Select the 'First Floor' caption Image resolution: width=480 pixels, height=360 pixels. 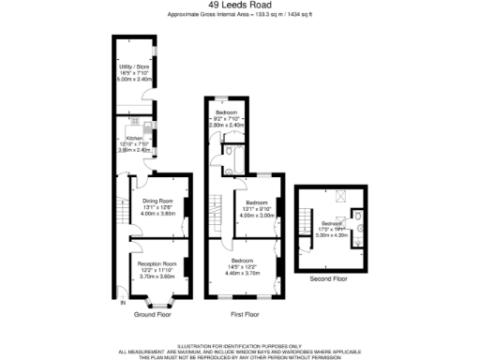tap(244, 314)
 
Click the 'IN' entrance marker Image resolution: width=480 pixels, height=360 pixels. tap(120, 302)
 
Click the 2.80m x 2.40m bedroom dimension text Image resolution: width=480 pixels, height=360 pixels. tap(227, 125)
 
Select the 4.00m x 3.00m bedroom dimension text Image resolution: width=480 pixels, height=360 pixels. tap(257, 215)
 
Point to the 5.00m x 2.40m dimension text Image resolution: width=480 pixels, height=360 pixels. tap(131, 80)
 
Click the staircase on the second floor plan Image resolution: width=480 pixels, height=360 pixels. tap(303, 225)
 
